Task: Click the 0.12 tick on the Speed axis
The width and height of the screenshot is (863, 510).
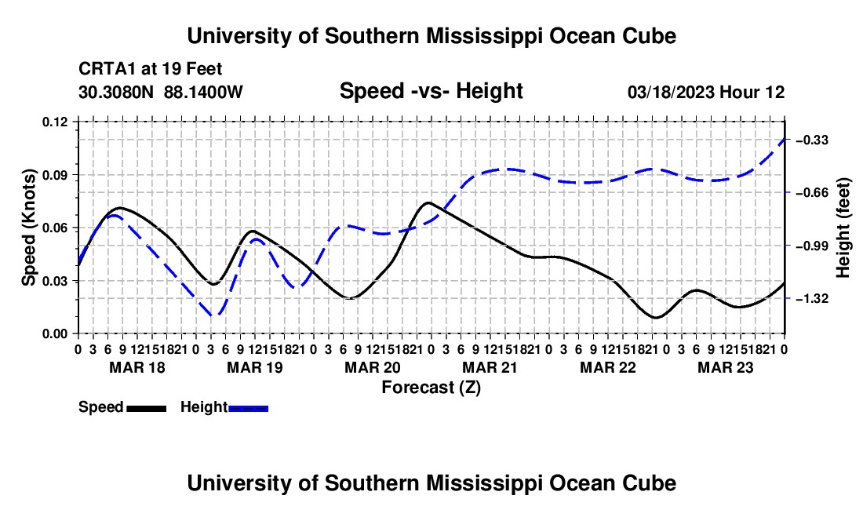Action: pos(55,122)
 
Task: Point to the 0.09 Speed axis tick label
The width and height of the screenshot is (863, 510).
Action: pos(55,176)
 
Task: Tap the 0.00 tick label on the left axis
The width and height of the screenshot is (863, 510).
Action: pos(55,334)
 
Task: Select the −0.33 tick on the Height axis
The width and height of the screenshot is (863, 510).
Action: pos(812,140)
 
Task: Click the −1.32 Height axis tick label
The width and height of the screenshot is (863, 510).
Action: pos(812,299)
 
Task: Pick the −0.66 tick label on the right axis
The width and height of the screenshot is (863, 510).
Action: pos(812,193)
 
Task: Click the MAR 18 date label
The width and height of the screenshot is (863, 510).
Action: pos(137,367)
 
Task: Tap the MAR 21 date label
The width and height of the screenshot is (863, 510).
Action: pos(490,367)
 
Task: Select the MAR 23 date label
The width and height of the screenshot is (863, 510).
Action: pos(726,367)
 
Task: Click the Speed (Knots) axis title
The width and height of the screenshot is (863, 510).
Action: pos(28,228)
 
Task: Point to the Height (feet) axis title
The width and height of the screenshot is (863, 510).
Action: pos(843,228)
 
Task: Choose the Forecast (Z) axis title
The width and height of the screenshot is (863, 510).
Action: pos(431,388)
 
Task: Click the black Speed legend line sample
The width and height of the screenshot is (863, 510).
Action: pos(146,409)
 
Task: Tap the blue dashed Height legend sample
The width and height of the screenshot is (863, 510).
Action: pos(248,409)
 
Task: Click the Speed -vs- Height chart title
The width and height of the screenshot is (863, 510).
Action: pos(431,91)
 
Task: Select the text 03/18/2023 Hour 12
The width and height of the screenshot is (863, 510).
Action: pos(706,92)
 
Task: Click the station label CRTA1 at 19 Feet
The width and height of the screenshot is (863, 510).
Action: pos(151,69)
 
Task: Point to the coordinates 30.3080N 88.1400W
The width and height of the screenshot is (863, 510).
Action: pos(161,92)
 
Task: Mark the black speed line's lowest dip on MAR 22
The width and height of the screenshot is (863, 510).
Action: pos(655,318)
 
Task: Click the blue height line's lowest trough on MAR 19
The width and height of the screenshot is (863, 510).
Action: pos(215,315)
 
